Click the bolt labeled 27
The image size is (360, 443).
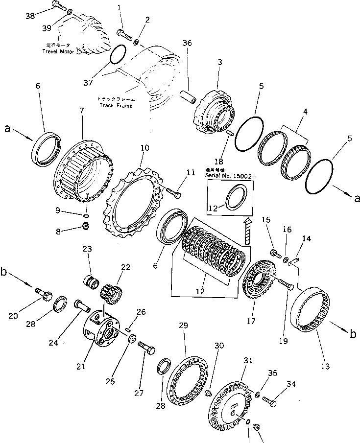click(x=146, y=348)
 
